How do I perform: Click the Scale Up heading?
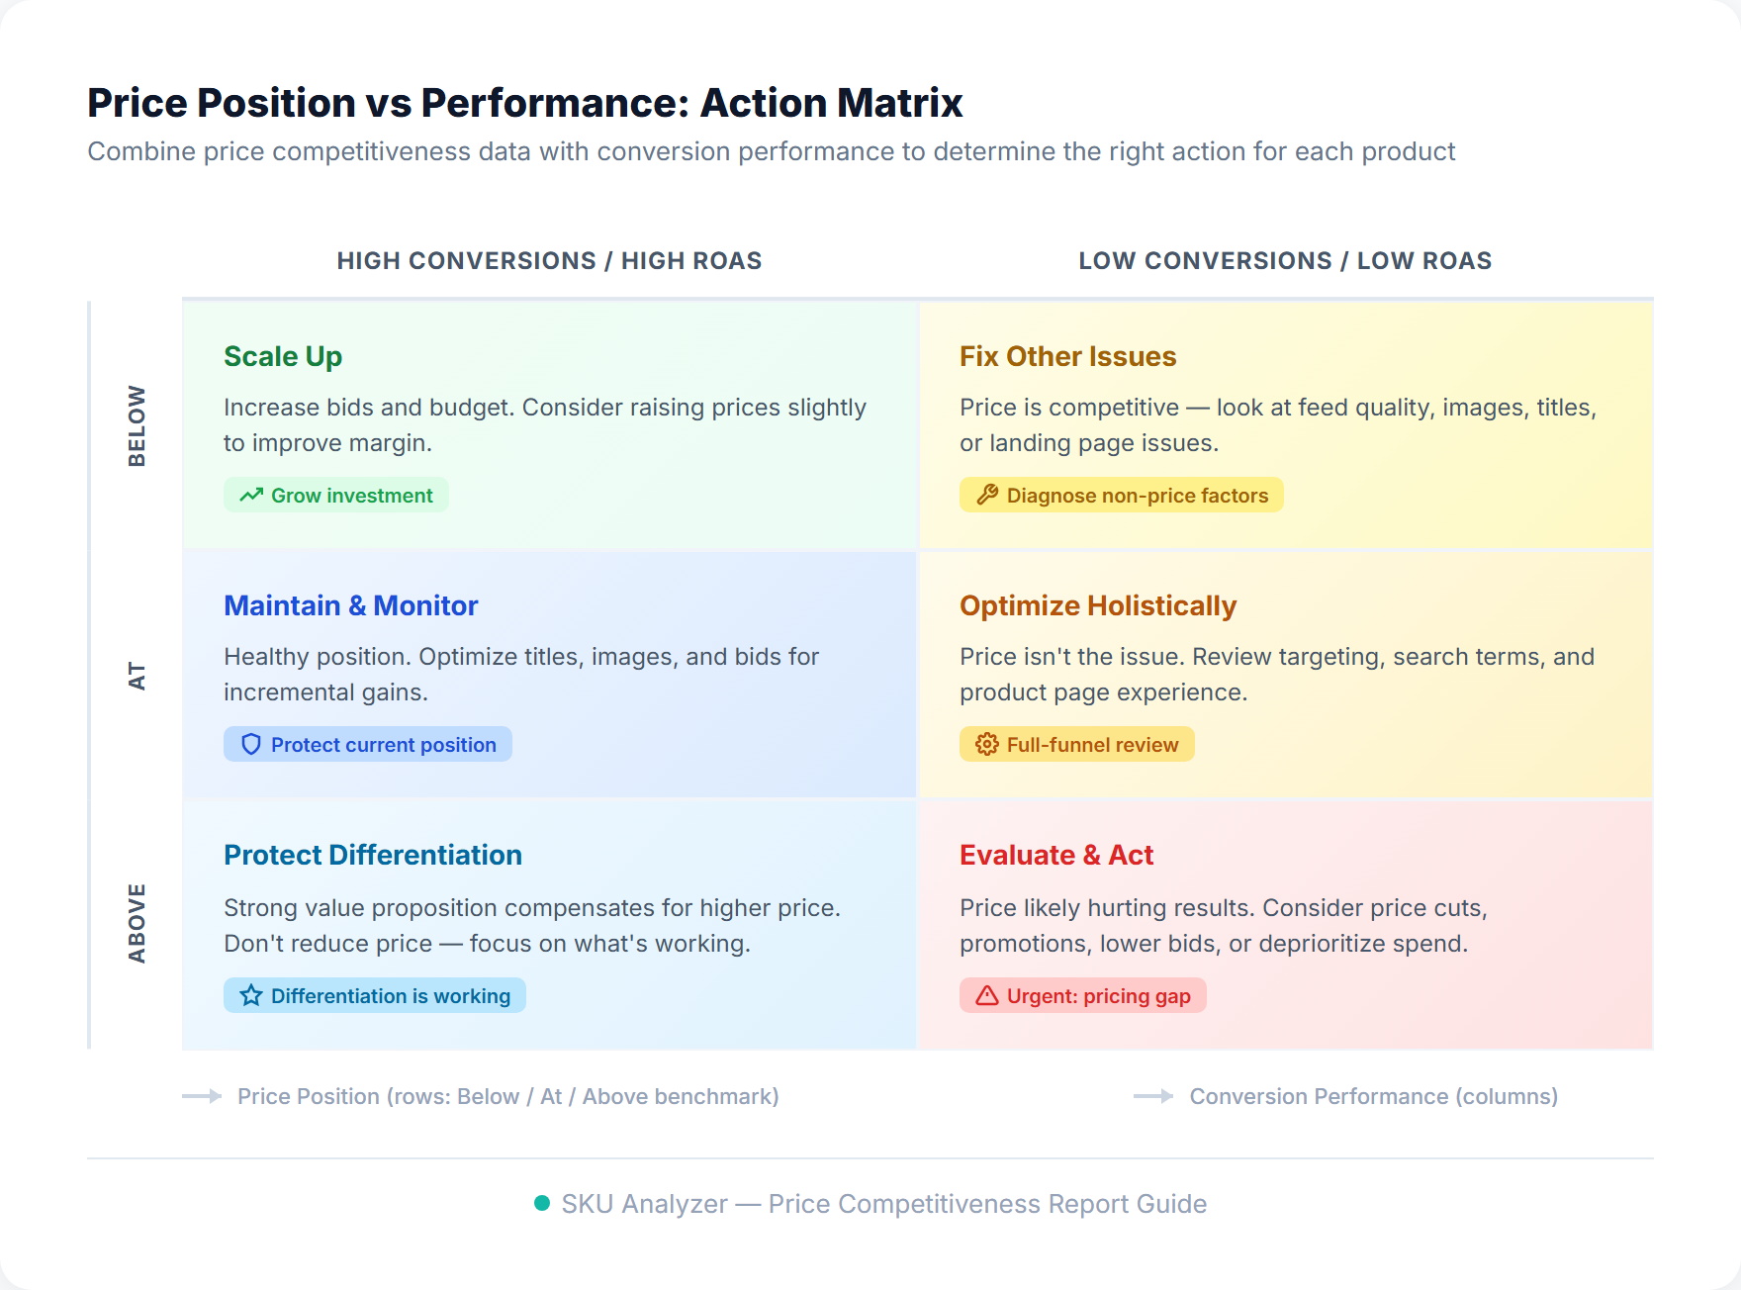283,356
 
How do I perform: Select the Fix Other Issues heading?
1067,356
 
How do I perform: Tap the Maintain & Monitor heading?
350,605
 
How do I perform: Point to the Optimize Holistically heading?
1098,605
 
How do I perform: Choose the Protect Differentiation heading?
372,855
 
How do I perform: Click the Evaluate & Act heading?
1055,855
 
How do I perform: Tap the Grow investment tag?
336,496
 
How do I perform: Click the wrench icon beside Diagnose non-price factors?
987,496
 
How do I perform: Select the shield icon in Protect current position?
251,745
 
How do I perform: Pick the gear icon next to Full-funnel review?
987,745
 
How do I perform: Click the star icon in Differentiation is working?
251,996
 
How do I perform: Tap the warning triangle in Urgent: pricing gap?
987,996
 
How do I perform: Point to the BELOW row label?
137,425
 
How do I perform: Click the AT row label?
137,677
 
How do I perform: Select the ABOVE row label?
137,923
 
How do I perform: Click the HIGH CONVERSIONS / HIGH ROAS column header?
549,261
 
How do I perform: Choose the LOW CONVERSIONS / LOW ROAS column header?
1285,261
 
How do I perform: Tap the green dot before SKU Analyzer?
542,1203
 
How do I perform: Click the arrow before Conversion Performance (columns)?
1152,1096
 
